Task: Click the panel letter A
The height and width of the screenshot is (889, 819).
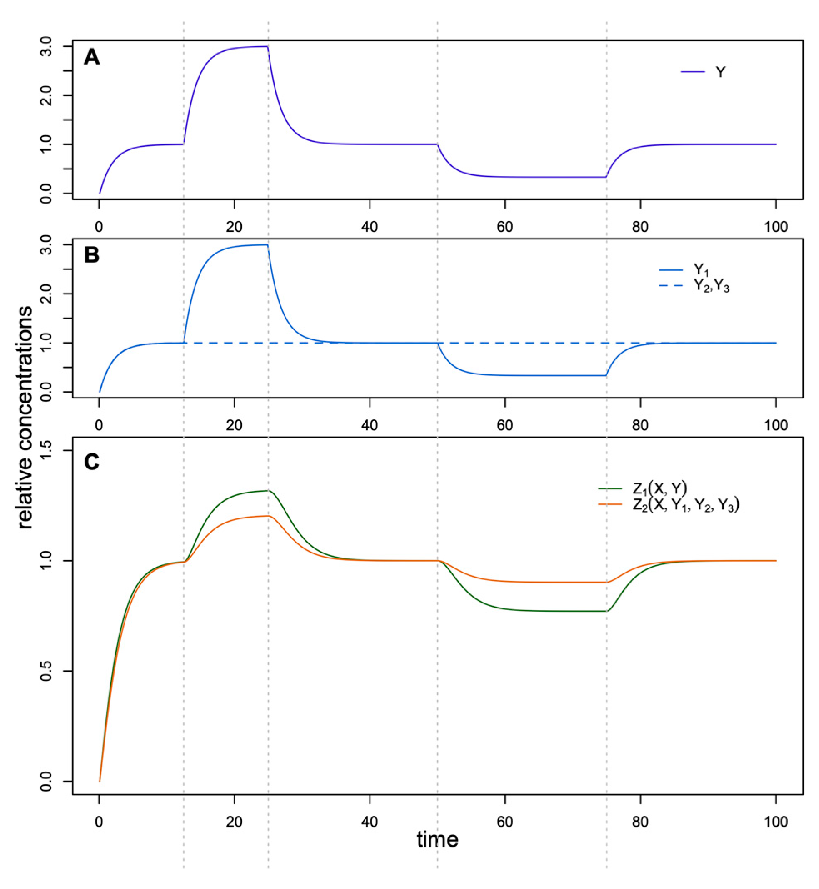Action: (92, 58)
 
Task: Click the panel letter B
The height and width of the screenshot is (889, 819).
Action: (92, 256)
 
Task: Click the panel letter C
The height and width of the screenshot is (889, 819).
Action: (92, 462)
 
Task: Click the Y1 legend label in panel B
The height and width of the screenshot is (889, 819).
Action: (700, 269)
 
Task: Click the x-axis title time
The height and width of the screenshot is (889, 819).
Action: (437, 839)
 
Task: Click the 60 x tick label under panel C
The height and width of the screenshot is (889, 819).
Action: (505, 822)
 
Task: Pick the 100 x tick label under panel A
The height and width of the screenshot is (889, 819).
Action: (776, 227)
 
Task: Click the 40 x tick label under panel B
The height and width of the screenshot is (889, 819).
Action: (370, 425)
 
